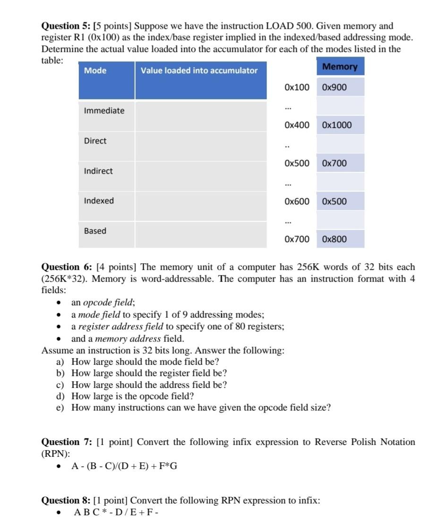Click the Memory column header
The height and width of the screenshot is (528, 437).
(x=340, y=67)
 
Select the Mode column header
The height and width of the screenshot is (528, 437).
(x=95, y=71)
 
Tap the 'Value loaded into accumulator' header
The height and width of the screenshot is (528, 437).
(x=199, y=71)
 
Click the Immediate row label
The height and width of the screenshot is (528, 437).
(x=104, y=111)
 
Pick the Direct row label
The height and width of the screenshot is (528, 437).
(x=95, y=141)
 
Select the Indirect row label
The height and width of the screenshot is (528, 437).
(x=98, y=171)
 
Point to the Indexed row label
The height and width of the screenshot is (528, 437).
(x=99, y=201)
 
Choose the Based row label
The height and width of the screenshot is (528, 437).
(x=95, y=231)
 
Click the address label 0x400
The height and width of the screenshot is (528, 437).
(x=297, y=126)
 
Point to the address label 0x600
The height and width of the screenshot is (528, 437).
(x=297, y=201)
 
